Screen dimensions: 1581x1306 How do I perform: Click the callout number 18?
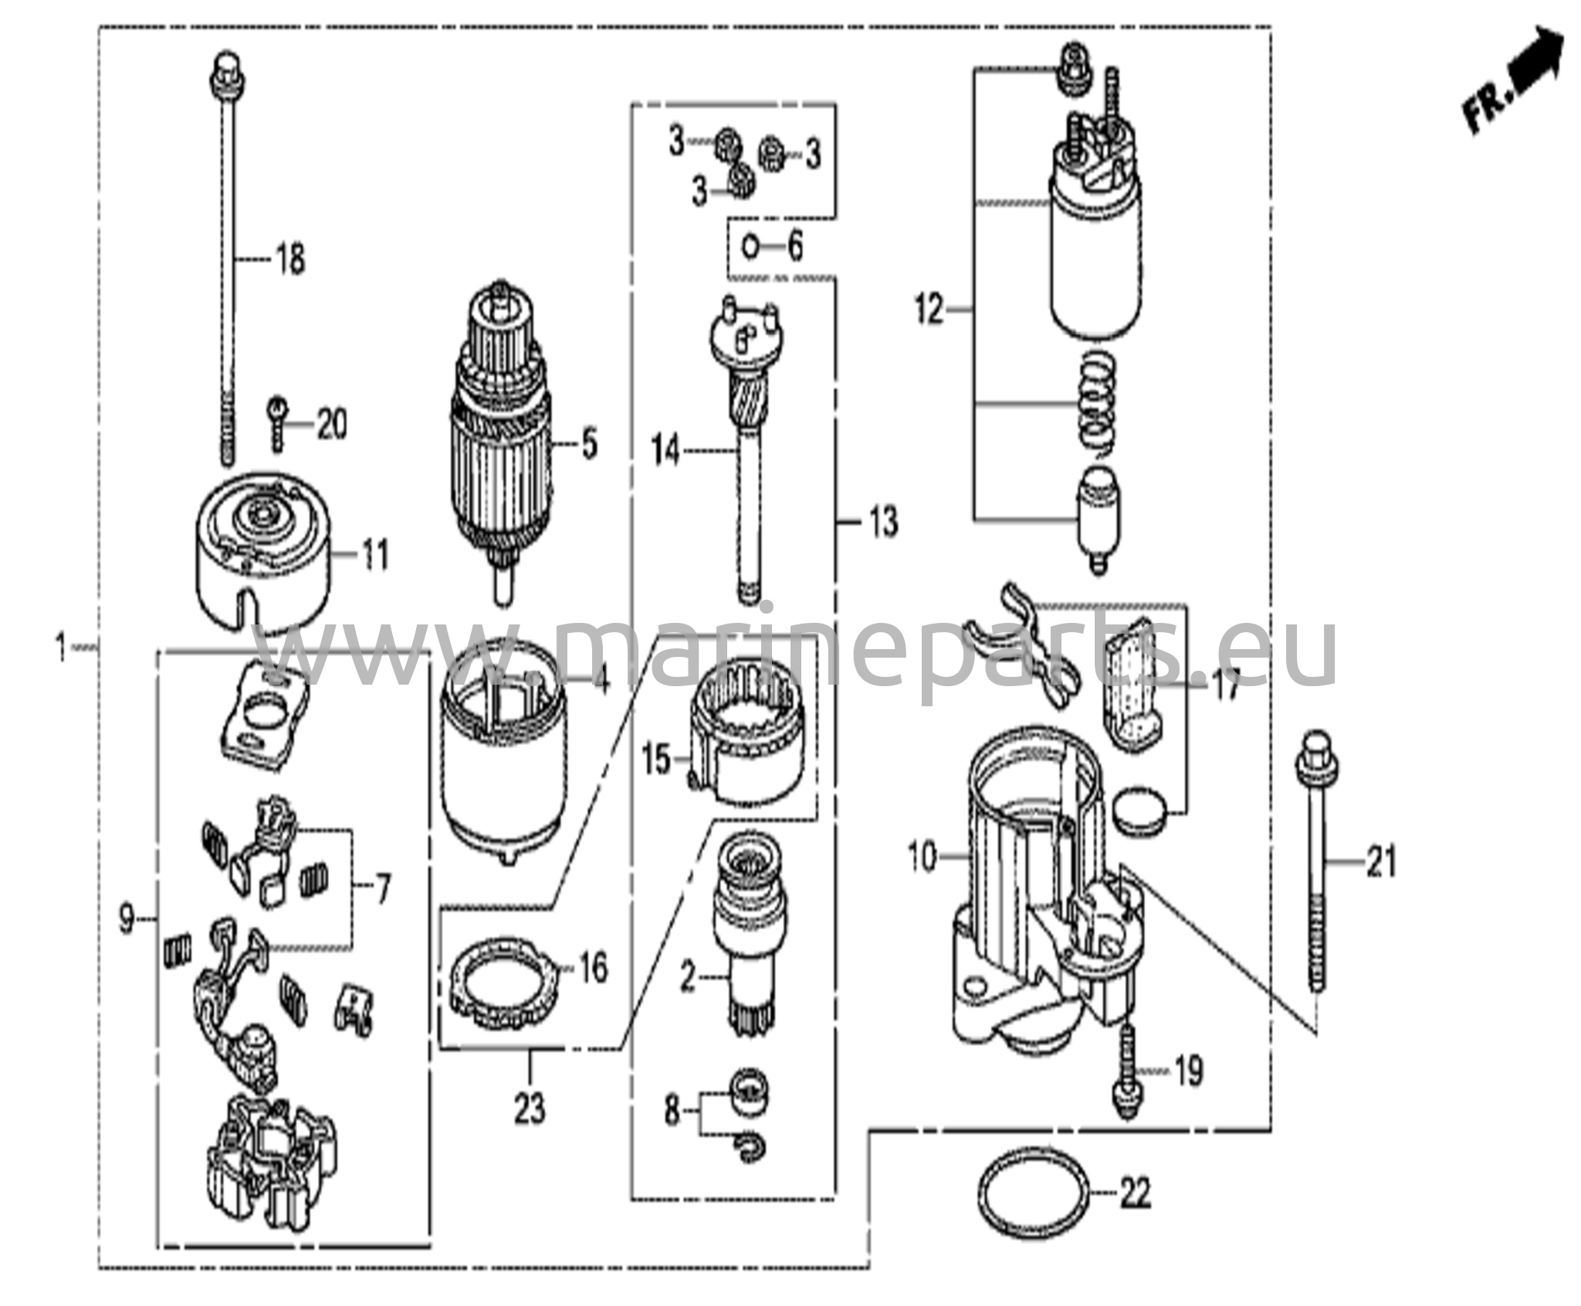click(x=290, y=260)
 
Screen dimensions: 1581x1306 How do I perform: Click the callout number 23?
click(x=530, y=1108)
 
